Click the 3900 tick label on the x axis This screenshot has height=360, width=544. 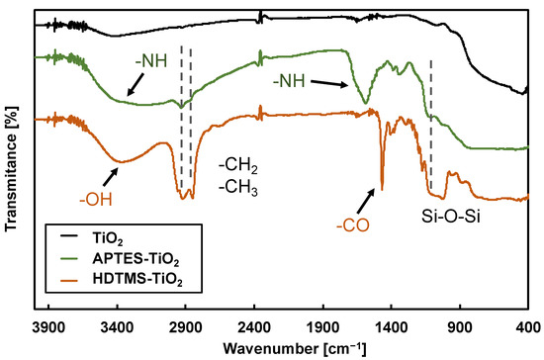47,324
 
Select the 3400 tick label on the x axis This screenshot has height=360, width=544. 117,324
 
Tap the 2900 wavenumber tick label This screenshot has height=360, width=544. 185,324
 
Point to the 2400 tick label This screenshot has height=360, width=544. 254,324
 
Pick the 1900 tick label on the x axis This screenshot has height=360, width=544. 322,324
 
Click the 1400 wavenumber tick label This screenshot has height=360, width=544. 391,324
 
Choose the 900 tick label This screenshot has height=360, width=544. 459,324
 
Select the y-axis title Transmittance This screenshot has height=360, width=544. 13,163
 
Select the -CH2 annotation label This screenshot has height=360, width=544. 237,164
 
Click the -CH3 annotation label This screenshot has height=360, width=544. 237,185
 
